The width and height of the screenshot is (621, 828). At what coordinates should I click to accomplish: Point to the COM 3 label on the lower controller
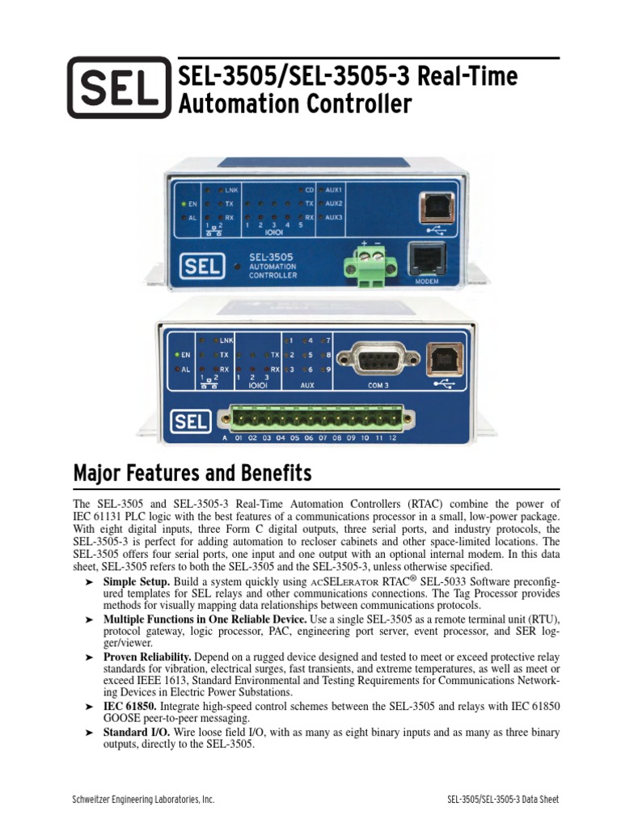378,386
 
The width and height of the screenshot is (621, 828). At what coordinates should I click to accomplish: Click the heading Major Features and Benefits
192,471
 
